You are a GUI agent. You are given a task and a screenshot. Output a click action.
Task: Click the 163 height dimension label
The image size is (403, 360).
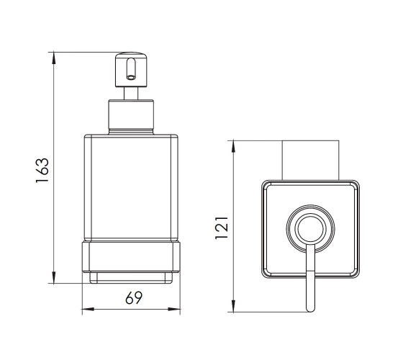click(x=42, y=170)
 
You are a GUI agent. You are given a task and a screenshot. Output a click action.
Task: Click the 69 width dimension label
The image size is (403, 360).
click(x=134, y=298)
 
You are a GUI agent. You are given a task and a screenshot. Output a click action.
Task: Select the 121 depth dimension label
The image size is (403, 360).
click(x=222, y=228)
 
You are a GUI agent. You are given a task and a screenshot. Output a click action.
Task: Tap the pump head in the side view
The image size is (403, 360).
click(x=131, y=70)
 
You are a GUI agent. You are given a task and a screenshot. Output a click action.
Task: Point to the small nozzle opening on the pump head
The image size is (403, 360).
click(x=131, y=77)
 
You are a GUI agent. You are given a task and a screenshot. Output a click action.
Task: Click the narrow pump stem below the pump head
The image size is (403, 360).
click(x=131, y=94)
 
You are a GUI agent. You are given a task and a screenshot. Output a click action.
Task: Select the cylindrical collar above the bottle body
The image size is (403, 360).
click(x=131, y=117)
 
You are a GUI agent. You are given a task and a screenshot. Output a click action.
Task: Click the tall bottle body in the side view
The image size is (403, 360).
click(x=131, y=187)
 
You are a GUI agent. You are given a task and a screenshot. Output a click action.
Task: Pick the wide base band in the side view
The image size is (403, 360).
click(x=131, y=256)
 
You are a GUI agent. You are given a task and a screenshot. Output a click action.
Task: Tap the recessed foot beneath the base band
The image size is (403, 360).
click(x=131, y=278)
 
